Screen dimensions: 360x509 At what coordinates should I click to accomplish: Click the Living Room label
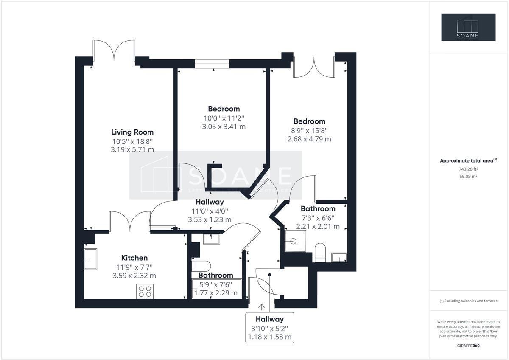tap(132, 132)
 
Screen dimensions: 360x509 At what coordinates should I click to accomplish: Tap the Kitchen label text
tap(134, 258)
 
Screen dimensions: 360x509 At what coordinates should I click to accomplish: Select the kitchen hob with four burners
tap(145, 291)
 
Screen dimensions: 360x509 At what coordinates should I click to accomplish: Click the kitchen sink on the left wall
tap(90, 259)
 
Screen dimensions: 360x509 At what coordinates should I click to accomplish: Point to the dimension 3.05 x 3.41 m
tap(224, 127)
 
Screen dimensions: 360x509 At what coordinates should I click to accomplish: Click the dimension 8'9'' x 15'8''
tap(309, 130)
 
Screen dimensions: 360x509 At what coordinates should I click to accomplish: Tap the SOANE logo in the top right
tap(468, 28)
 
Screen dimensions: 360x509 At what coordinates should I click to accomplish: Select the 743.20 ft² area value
tap(468, 169)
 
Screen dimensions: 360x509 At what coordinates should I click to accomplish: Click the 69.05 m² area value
tap(468, 176)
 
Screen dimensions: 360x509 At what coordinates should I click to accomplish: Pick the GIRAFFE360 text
tap(468, 346)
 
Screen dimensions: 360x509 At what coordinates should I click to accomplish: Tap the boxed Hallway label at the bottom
tap(269, 319)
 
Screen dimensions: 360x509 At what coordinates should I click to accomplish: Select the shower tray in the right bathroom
tap(295, 241)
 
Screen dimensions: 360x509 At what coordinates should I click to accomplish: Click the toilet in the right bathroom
tap(320, 252)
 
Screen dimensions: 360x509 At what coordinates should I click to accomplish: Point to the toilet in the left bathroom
tap(201, 266)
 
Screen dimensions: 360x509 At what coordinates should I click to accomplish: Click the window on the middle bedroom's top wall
tap(212, 64)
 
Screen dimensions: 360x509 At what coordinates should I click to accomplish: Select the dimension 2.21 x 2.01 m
tap(318, 226)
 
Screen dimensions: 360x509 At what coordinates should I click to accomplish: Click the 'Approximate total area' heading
tap(468, 160)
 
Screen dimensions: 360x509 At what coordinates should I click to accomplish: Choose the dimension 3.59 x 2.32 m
tap(134, 276)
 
